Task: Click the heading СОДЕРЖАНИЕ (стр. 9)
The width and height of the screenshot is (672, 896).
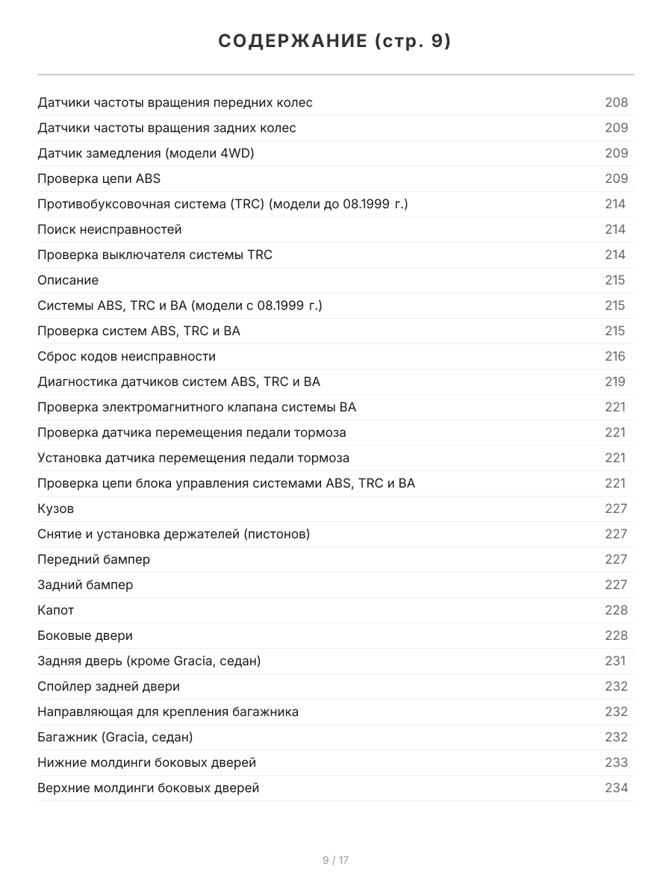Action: [335, 42]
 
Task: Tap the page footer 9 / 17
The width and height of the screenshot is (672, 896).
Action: [335, 860]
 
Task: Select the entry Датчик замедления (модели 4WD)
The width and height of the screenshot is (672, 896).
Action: [146, 153]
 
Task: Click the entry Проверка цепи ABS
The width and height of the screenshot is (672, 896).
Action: [99, 178]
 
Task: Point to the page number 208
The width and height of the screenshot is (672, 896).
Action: [616, 102]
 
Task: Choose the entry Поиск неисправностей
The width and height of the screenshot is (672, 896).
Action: [110, 229]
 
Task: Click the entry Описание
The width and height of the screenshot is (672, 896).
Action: [68, 280]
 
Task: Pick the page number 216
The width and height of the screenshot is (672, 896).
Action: [615, 356]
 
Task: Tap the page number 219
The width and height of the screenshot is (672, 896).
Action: [615, 382]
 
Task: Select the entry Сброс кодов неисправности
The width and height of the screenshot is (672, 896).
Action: [126, 356]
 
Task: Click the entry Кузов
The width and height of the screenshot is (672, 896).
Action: [56, 508]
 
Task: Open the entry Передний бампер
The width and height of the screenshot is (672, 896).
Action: [93, 559]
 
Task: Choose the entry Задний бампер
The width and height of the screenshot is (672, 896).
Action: [85, 585]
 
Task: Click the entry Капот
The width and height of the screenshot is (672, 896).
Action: [56, 610]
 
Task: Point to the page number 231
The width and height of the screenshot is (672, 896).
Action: [615, 661]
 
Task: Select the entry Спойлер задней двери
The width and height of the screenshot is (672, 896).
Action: [108, 686]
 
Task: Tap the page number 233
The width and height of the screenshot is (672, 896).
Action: [616, 762]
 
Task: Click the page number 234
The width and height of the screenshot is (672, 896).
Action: [616, 788]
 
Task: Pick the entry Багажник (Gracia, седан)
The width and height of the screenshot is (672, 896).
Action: [115, 737]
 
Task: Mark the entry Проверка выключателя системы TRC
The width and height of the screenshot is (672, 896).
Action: [155, 255]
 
